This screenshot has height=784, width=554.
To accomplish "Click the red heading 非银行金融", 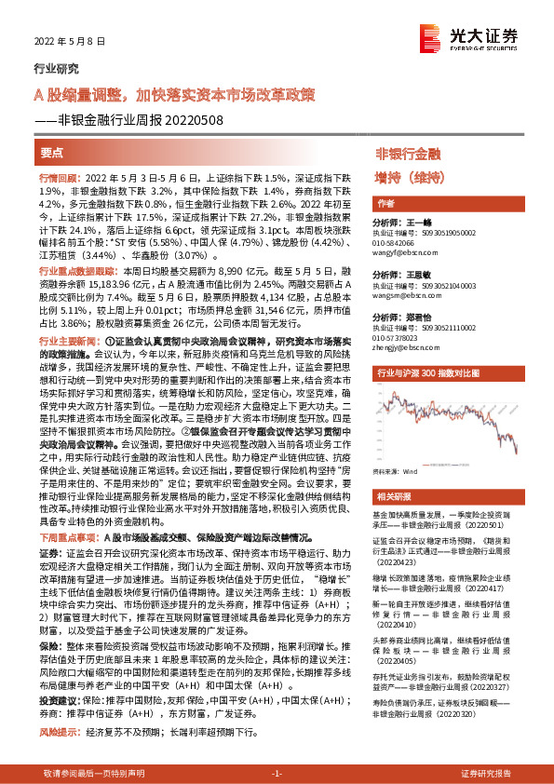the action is point(407,153).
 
